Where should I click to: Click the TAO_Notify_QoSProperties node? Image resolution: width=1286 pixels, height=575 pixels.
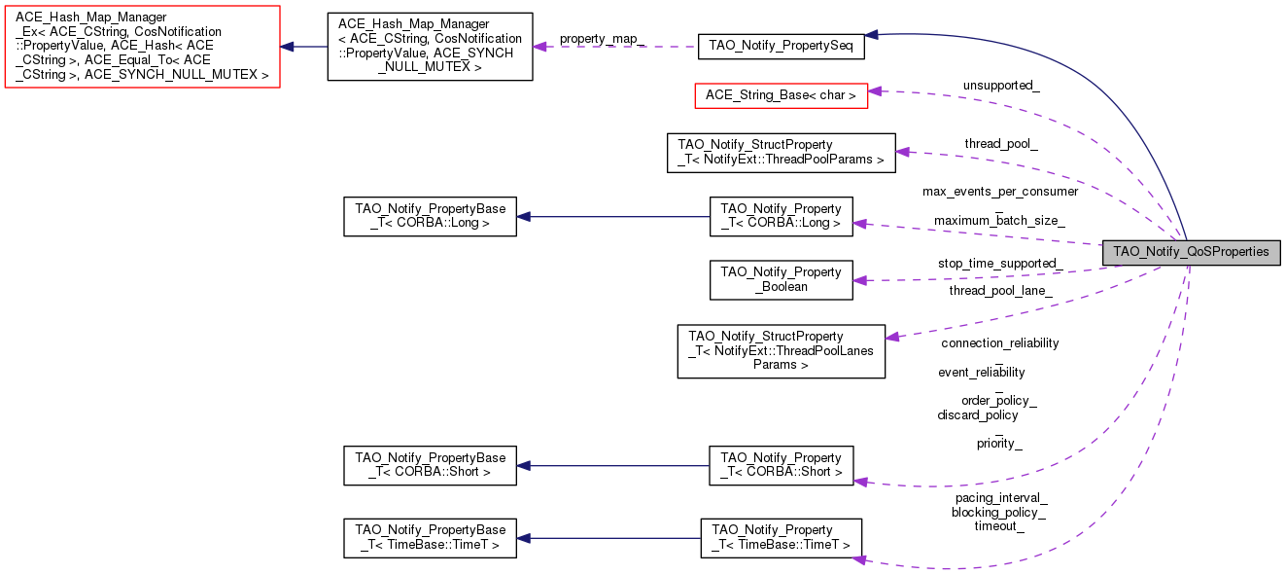pos(1191,252)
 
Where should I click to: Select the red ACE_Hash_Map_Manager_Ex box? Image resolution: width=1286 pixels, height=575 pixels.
pos(142,47)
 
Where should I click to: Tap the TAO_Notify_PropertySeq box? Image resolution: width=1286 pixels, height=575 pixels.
pos(781,45)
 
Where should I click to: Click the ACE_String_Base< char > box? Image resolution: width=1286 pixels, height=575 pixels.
pos(781,95)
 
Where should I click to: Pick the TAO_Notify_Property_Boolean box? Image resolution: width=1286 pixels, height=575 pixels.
pos(781,280)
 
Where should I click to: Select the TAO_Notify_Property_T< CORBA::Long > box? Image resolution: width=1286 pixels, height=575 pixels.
pos(781,216)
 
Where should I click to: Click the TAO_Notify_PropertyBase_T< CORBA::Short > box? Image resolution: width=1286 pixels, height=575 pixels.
pos(430,465)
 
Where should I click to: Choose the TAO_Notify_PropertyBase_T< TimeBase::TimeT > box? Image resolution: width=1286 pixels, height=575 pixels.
pos(430,537)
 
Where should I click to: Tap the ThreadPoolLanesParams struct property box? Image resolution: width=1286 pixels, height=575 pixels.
pos(781,351)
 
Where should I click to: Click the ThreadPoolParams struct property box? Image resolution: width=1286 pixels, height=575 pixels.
pos(781,153)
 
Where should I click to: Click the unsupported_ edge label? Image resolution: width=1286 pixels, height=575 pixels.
pos(1001,86)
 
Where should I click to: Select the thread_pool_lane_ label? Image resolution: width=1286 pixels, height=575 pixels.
pos(1000,290)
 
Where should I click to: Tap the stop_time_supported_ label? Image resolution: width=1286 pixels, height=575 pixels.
pos(999,264)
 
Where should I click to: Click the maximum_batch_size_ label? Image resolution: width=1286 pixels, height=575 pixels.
pos(999,221)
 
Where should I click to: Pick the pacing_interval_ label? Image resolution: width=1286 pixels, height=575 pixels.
pos(1000,497)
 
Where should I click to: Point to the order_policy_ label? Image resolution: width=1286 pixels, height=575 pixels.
pos(998,401)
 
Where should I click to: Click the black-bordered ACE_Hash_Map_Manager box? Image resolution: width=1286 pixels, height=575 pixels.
pos(430,47)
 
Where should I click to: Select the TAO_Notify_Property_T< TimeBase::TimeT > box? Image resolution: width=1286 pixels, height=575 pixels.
pos(781,537)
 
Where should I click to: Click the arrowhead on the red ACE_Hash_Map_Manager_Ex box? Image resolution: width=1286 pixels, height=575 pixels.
pos(288,47)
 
